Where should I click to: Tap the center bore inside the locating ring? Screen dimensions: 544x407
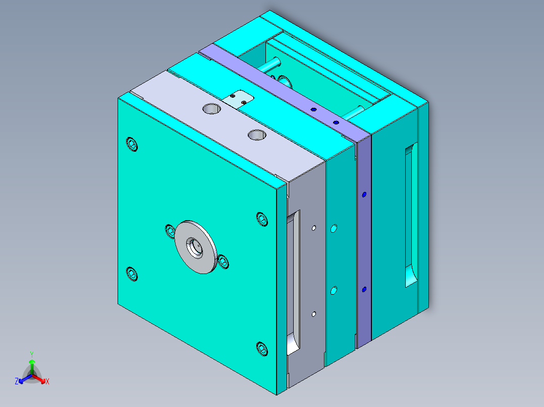pyautogui.click(x=194, y=246)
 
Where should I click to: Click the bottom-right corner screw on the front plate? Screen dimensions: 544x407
pyautogui.click(x=262, y=348)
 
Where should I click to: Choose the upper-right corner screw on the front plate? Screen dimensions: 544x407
pyautogui.click(x=261, y=220)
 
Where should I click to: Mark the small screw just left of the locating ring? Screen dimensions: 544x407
pyautogui.click(x=171, y=231)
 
